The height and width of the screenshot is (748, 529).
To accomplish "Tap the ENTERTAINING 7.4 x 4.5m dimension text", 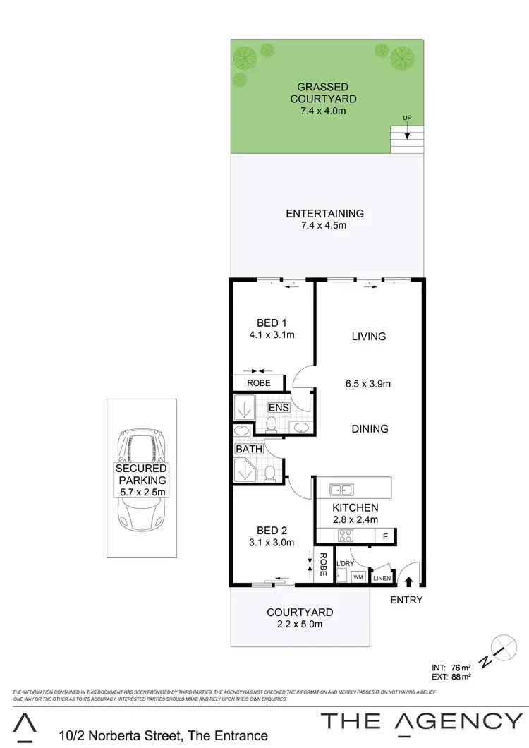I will pyautogui.click(x=324, y=226).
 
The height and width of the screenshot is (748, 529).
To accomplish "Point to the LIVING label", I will pyautogui.click(x=369, y=337).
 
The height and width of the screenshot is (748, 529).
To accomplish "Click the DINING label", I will pyautogui.click(x=370, y=428).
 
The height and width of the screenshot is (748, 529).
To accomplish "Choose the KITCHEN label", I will pyautogui.click(x=355, y=507).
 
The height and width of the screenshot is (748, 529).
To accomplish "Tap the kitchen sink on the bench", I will pyautogui.click(x=341, y=489).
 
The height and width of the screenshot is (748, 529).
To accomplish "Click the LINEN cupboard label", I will pyautogui.click(x=382, y=579).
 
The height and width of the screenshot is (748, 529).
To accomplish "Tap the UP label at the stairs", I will pyautogui.click(x=407, y=117).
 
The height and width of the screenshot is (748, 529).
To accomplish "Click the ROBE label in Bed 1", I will pyautogui.click(x=257, y=383).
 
